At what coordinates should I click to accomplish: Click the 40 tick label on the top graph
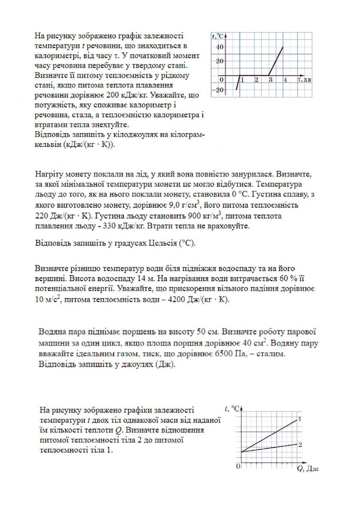click(x=220, y=47)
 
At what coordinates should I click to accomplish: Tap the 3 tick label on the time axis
click(x=270, y=80)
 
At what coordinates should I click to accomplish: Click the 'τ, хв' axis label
click(x=305, y=79)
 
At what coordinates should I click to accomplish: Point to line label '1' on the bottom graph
click(x=300, y=419)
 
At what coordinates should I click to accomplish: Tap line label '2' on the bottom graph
click(x=300, y=445)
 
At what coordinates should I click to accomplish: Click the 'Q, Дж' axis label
click(x=308, y=469)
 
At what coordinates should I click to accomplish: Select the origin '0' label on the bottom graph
click(x=238, y=466)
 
